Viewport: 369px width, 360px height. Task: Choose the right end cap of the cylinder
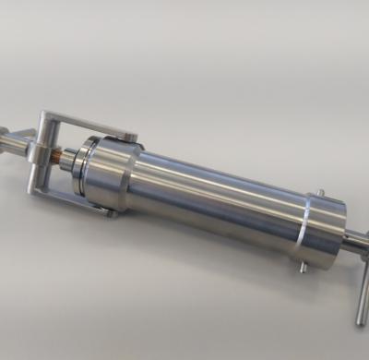(323, 231)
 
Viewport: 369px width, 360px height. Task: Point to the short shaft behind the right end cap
(353, 243)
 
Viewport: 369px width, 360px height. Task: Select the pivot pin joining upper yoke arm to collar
(132, 138)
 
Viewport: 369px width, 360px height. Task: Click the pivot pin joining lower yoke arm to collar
(109, 211)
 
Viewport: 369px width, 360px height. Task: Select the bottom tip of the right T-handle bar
(361, 320)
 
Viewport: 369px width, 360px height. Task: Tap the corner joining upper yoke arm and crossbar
(46, 118)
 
